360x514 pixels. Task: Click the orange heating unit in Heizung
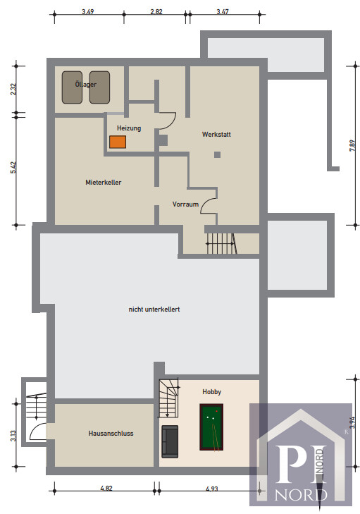click(118, 142)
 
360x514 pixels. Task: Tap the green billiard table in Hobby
click(211, 427)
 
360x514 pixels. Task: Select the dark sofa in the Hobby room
click(170, 441)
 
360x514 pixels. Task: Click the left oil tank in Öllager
click(72, 87)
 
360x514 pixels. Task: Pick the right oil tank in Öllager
click(99, 87)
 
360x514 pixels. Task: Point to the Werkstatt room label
click(216, 135)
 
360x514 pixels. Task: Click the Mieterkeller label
click(103, 182)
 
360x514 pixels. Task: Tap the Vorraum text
click(185, 204)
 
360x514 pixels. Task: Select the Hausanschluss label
click(111, 434)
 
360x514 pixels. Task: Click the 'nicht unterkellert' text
click(154, 309)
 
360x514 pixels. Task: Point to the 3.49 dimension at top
click(88, 12)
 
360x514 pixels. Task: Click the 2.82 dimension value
click(156, 12)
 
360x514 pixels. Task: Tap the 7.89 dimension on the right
click(352, 145)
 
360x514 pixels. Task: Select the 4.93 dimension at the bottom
click(212, 489)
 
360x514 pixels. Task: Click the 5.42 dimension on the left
click(13, 168)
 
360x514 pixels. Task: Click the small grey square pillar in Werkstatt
click(217, 154)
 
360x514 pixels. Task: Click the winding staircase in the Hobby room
click(168, 398)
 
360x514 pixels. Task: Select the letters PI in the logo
click(301, 464)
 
